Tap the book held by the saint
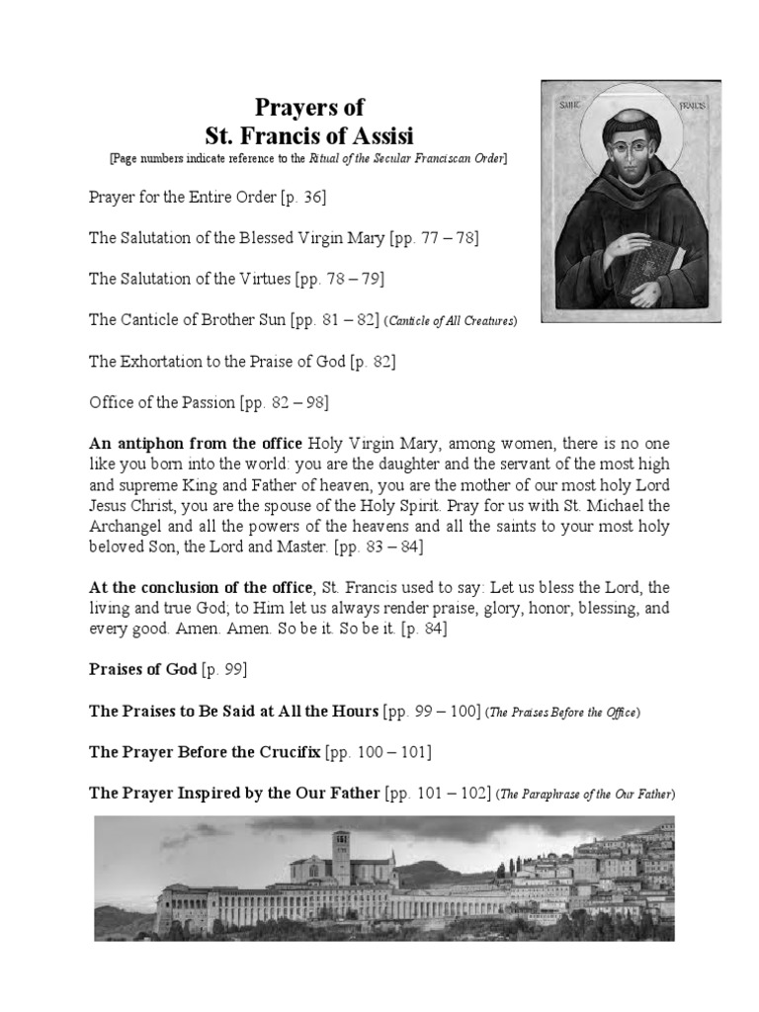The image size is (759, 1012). pos(660,262)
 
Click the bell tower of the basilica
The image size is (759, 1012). pos(341,857)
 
